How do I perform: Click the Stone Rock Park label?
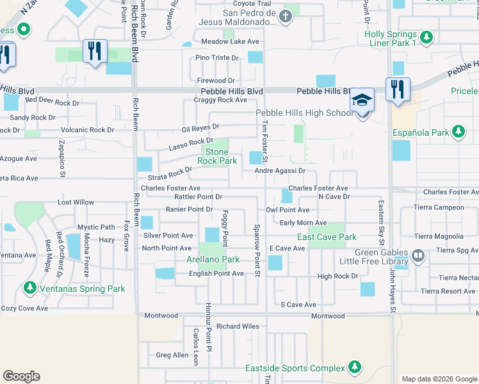[x=216, y=157]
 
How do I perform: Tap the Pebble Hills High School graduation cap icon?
[x=362, y=100]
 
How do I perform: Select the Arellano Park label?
[x=213, y=260]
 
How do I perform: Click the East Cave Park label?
[x=327, y=237]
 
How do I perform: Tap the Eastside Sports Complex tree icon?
[x=353, y=368]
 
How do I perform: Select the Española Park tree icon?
[x=457, y=132]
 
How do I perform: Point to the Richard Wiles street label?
[x=238, y=326]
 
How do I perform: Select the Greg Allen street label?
[x=172, y=355]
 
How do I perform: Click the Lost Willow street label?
[x=76, y=202]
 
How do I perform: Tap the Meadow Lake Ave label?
[x=230, y=42]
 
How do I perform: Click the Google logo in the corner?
[x=21, y=376]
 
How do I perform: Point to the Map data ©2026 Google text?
[x=439, y=379]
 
